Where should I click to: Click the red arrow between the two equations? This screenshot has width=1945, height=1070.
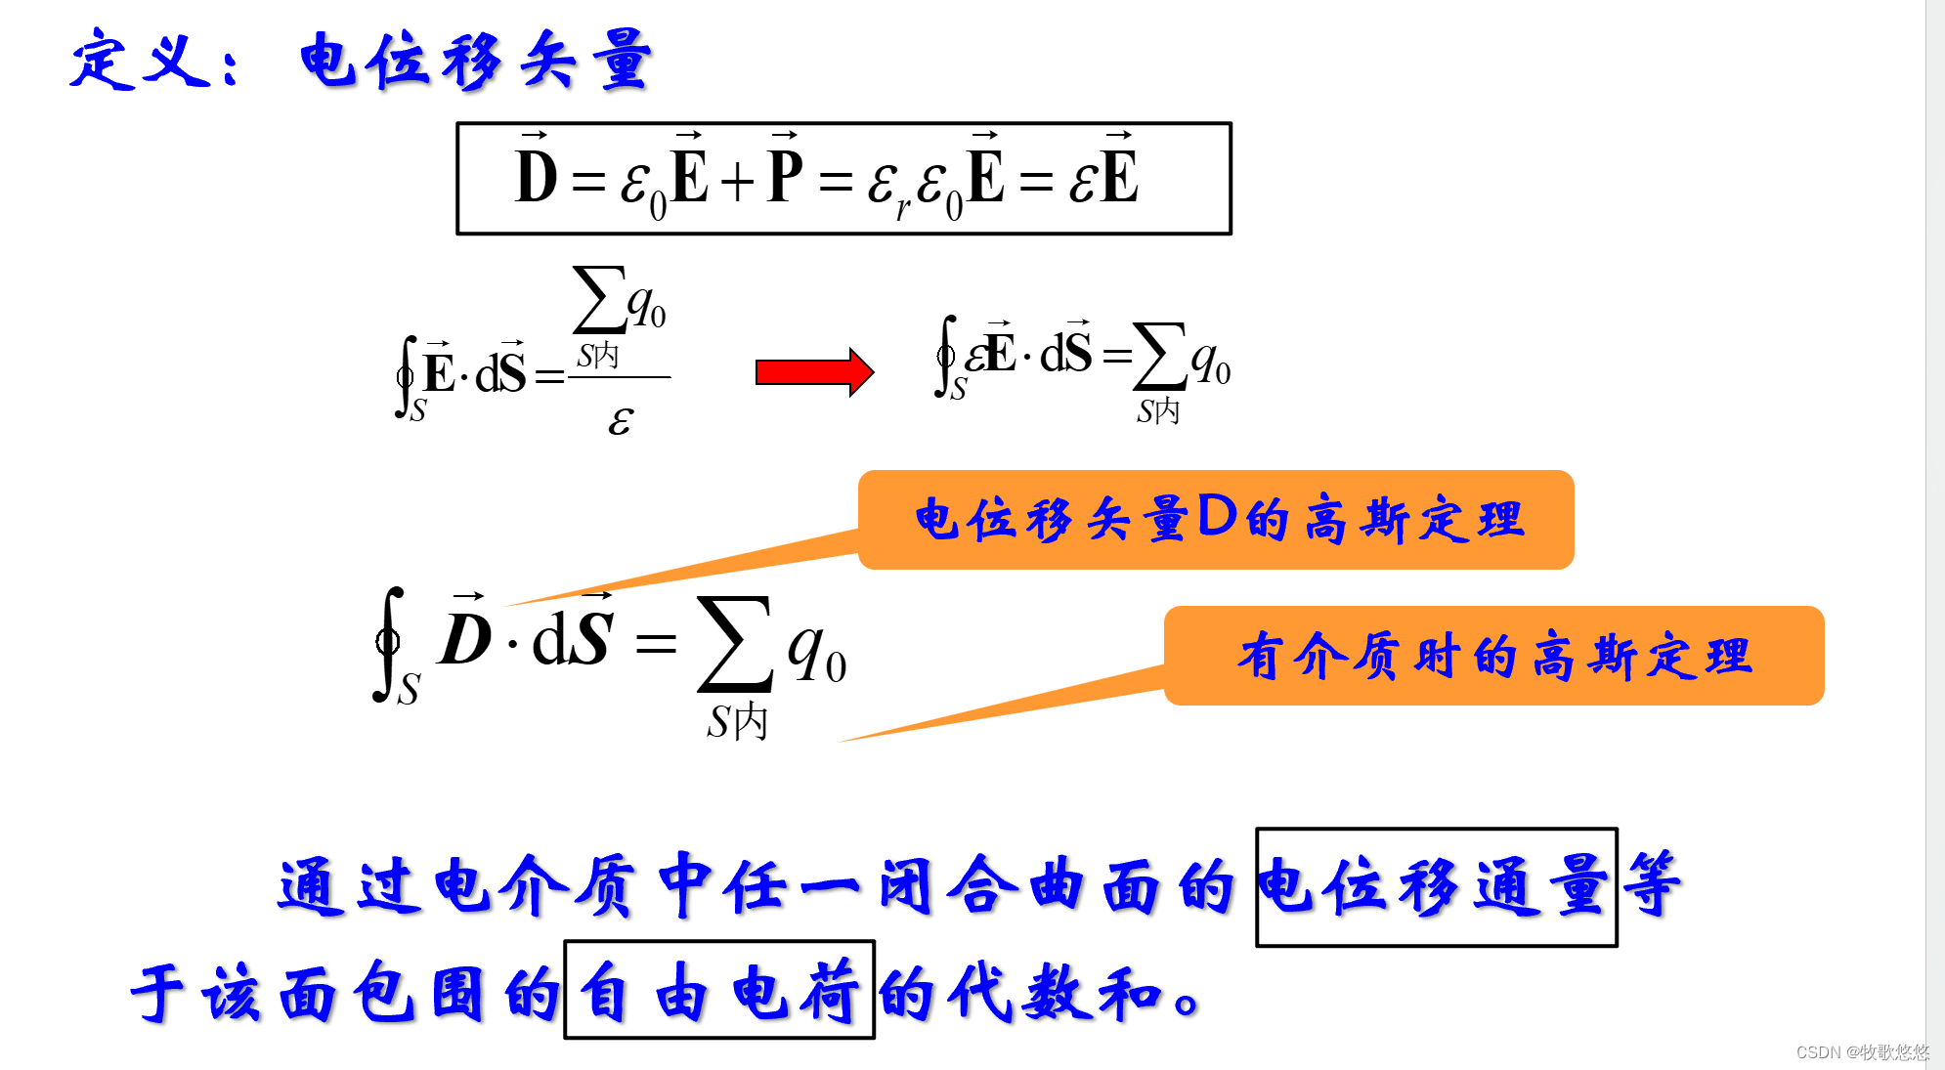[813, 372]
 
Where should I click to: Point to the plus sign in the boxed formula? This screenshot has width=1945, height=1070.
[738, 182]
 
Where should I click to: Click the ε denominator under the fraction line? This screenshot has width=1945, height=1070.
[621, 420]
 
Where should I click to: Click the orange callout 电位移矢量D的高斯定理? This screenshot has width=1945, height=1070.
[1216, 519]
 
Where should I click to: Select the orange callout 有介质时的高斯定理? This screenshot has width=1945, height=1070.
[1493, 656]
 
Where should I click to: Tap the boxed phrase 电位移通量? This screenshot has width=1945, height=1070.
[1436, 886]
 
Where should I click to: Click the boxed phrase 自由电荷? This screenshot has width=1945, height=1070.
[719, 990]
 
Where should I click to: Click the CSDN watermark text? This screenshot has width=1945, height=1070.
[1862, 1051]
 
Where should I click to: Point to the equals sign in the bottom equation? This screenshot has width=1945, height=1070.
[655, 643]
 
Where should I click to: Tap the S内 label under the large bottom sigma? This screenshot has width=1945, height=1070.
[737, 722]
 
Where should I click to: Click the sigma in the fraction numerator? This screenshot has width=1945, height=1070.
[598, 300]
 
